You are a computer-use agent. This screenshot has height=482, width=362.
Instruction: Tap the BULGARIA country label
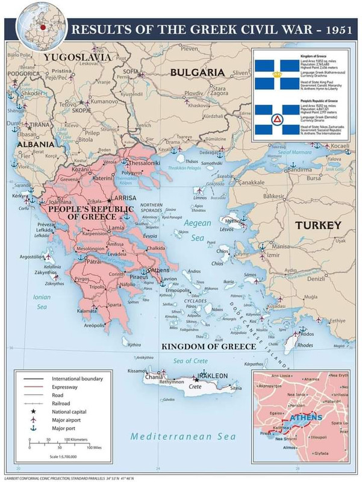197,72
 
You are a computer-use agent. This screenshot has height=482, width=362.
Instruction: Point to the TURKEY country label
318,225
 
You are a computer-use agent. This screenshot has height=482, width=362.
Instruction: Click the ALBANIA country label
35,145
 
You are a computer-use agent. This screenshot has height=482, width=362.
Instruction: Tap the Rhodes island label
305,345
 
